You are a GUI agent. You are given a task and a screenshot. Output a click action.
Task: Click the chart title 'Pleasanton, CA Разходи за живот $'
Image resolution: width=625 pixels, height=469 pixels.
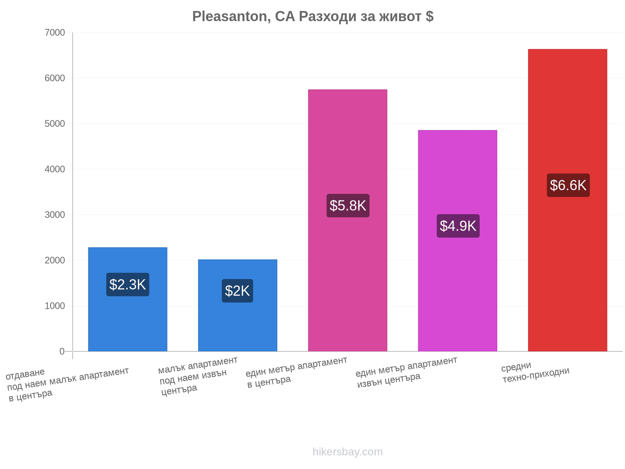pos(312,16)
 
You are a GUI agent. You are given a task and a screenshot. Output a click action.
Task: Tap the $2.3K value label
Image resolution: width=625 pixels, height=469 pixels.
pos(128,285)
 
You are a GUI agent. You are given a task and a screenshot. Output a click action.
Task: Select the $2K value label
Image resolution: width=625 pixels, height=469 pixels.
pos(237,291)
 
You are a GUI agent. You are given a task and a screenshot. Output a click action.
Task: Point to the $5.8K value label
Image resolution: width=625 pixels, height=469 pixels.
pos(348,206)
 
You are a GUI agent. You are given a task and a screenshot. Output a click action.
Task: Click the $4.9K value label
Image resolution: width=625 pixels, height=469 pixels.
pos(458,226)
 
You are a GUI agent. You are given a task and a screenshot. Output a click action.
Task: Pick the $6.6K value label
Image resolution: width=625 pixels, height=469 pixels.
pos(568,185)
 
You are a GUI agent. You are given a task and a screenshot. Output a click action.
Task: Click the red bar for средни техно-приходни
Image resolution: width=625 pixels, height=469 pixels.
pos(568,200)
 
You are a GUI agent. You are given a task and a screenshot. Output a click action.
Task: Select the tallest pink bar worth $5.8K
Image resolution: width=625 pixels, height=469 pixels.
pos(347,220)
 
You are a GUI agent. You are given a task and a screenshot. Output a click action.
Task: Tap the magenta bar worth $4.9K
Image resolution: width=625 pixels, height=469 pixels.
pos(457,241)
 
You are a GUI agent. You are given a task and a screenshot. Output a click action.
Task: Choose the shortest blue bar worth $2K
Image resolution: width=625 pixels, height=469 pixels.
pos(237,305)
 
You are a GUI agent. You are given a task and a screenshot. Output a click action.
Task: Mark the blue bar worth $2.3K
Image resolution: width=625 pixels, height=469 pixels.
pos(128,299)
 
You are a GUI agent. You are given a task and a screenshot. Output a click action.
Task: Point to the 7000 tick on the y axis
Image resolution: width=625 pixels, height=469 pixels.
pos(55,32)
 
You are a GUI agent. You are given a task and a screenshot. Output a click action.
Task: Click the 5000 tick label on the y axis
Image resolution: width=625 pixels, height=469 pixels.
pos(55,124)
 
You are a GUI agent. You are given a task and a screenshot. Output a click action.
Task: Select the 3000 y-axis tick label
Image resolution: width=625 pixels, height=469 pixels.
pos(55,215)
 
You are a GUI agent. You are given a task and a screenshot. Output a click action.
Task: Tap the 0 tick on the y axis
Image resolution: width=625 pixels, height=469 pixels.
pos(62,351)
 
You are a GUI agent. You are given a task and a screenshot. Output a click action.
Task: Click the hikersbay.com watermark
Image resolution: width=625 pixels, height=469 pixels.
pos(348,452)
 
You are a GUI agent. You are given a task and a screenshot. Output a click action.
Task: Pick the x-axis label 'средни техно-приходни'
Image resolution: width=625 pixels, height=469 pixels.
pos(535,372)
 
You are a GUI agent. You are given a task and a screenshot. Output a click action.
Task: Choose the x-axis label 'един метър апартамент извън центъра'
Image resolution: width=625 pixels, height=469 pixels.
pos(406,372)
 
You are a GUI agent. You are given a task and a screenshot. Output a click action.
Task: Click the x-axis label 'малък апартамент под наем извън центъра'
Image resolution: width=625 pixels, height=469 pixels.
pos(198,376)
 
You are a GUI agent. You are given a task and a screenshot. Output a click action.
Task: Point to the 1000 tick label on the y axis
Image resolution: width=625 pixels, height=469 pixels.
pos(55,306)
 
